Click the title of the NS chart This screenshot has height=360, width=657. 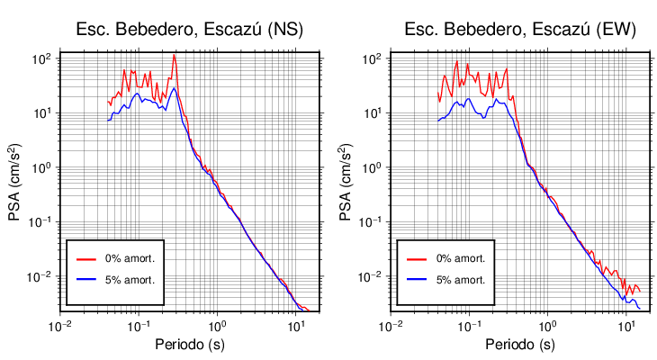188,30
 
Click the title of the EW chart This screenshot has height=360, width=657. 519,30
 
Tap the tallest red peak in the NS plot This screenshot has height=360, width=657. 175,58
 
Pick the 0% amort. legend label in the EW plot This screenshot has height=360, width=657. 461,258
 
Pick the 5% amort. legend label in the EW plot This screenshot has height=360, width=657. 461,280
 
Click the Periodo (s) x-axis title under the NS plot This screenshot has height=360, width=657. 188,345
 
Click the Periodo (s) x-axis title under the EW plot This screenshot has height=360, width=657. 519,345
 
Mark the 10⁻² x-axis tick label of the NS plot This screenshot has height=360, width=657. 59,325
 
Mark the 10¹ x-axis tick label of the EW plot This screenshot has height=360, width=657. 625,325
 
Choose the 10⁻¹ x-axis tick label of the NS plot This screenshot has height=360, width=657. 138,325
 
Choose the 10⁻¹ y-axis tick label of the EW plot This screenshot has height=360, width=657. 373,222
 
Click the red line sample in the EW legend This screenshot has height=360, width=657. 417,258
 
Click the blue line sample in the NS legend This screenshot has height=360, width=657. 86,280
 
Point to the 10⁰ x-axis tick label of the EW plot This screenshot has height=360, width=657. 547,325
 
